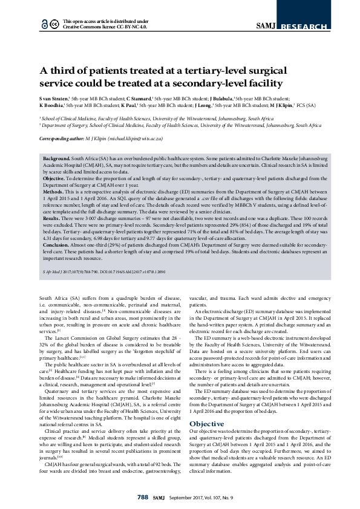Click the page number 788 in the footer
pyautogui.click(x=143, y=497)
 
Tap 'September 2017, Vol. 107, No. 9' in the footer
pyautogui.click(x=197, y=497)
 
